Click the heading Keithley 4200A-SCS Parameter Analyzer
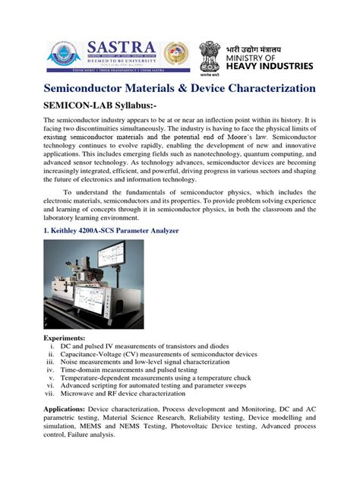(x=111, y=230)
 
